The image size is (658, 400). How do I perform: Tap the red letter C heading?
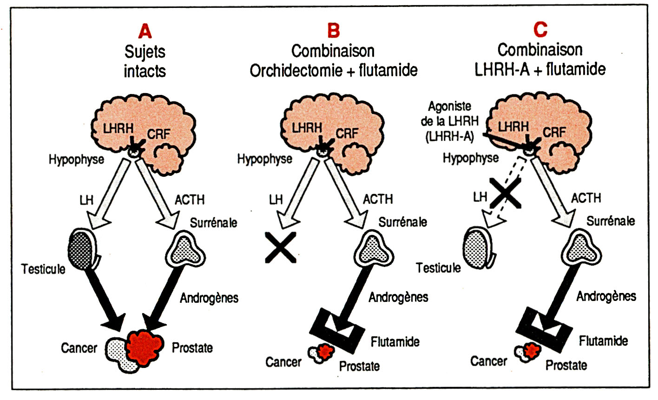pyautogui.click(x=540, y=30)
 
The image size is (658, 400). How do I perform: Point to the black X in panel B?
pyautogui.click(x=280, y=247)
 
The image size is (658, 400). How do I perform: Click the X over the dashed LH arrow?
pyautogui.click(x=507, y=193)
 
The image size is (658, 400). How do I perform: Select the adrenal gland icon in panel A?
pyautogui.click(x=185, y=250)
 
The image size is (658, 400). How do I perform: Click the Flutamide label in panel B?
pyautogui.click(x=395, y=342)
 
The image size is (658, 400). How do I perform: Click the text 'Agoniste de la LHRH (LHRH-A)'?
pyautogui.click(x=449, y=120)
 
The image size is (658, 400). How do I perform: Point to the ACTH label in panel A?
pyautogui.click(x=189, y=200)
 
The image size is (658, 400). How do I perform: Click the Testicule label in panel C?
pyautogui.click(x=438, y=268)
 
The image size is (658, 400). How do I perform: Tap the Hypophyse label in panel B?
pyautogui.click(x=264, y=159)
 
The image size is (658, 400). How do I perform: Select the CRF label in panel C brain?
pyautogui.click(x=554, y=132)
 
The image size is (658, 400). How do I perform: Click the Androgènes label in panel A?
pyautogui.click(x=209, y=297)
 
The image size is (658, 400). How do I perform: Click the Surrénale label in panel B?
pyautogui.click(x=402, y=222)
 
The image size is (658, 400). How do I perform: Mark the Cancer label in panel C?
pyautogui.click(x=488, y=361)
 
